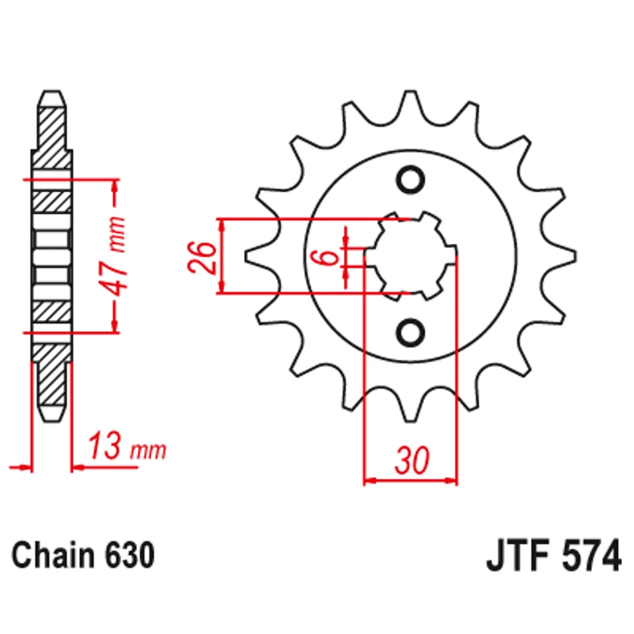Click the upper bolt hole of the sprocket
[x=410, y=179]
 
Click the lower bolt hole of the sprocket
[x=410, y=333]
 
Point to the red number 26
[x=202, y=257]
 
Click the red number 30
[x=411, y=460]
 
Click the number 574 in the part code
[x=592, y=557]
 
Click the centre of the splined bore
[x=411, y=256]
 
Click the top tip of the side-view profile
[x=52, y=91]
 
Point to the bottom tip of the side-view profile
[x=52, y=422]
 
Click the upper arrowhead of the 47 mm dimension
[x=115, y=186]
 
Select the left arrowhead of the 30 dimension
[x=370, y=481]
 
